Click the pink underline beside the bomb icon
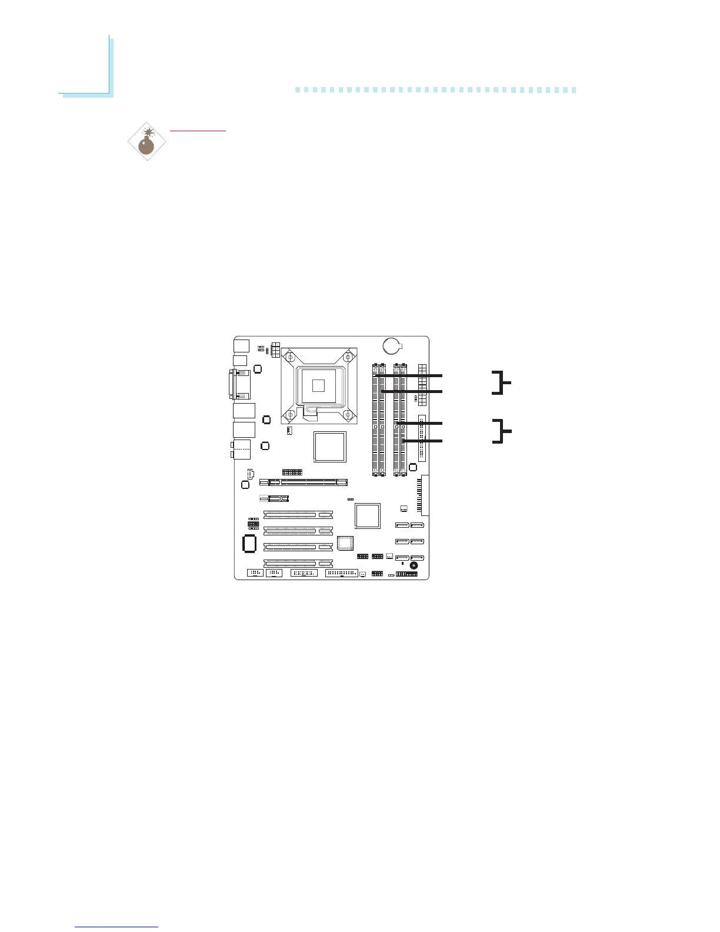[x=197, y=131]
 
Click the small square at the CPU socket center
[x=318, y=386]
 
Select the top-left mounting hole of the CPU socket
[x=289, y=357]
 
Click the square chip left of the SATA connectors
[x=368, y=515]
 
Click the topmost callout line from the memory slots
[x=412, y=375]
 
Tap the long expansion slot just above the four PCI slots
[x=304, y=482]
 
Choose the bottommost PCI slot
[x=298, y=563]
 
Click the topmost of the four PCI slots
[x=298, y=515]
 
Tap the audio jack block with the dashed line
[x=243, y=450]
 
